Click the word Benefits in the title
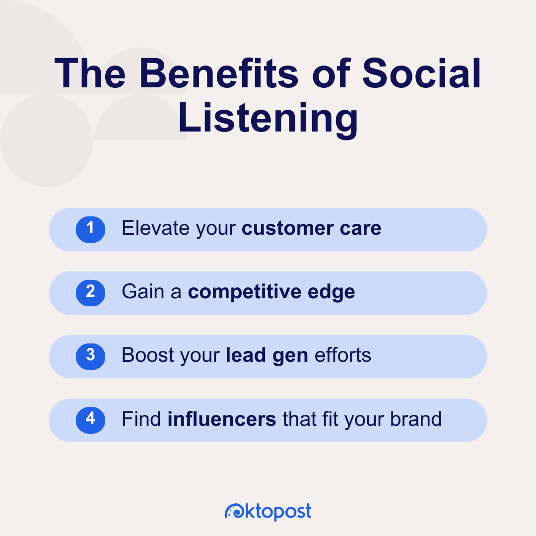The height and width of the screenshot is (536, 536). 219,74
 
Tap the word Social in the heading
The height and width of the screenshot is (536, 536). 422,74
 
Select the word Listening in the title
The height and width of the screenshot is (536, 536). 268,120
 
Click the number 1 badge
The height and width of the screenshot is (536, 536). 90,228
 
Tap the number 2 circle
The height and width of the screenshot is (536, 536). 90,292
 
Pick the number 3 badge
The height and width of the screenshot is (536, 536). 90,355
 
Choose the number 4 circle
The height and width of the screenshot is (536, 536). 90,419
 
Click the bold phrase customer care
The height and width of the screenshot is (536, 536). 311,228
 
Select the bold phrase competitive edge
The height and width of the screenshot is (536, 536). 271,292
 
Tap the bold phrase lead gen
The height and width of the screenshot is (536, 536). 267,356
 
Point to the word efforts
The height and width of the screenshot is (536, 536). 342,355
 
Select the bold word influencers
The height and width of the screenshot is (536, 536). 222,419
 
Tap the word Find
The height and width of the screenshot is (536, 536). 141,419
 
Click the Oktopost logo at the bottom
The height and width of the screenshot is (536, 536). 268,511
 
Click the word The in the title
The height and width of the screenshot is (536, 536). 89,74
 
